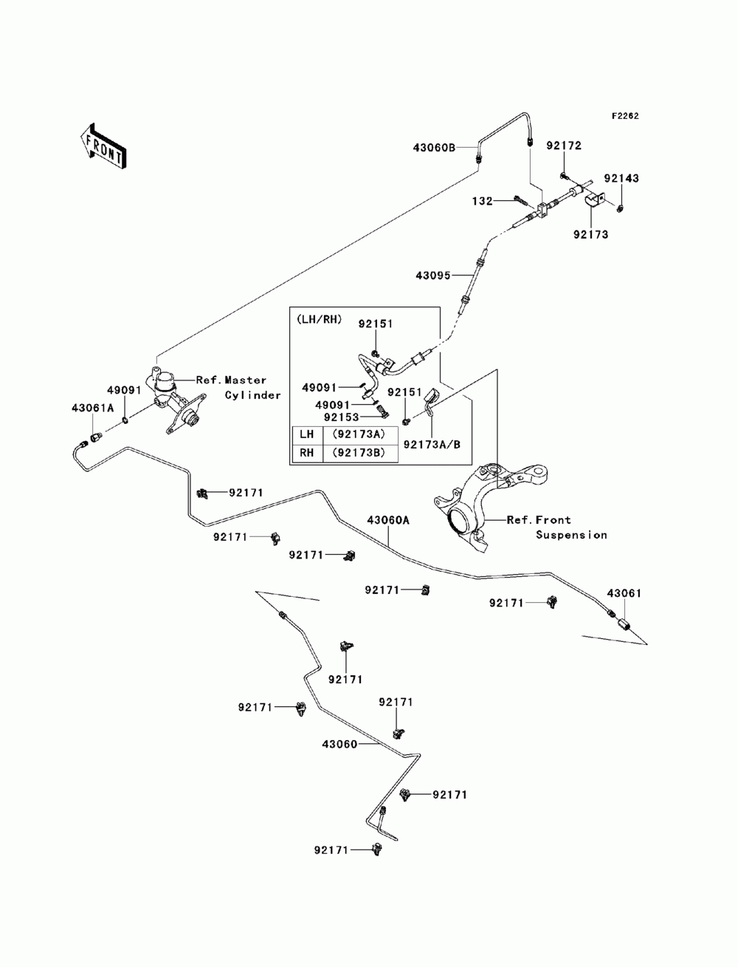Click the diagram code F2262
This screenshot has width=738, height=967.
pyautogui.click(x=624, y=117)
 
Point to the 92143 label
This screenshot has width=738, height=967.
pyautogui.click(x=621, y=178)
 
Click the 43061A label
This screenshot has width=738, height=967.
pyautogui.click(x=92, y=407)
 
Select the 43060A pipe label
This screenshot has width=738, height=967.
pyautogui.click(x=387, y=520)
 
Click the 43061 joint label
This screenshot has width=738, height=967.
pyautogui.click(x=624, y=592)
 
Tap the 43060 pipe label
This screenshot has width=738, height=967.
pyautogui.click(x=339, y=744)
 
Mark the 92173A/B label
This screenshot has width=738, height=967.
pyautogui.click(x=432, y=444)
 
